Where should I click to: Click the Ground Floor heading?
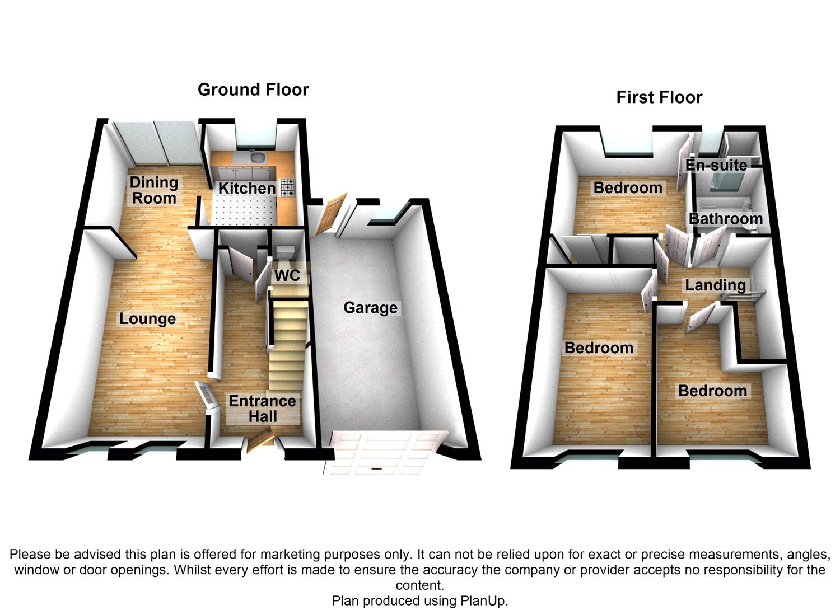pyautogui.click(x=253, y=90)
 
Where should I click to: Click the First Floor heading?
pyautogui.click(x=659, y=97)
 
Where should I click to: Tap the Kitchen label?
pyautogui.click(x=246, y=189)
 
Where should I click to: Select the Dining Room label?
pyautogui.click(x=154, y=190)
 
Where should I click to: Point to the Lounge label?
pyautogui.click(x=147, y=319)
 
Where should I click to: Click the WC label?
pyautogui.click(x=287, y=275)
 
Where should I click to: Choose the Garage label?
pyautogui.click(x=370, y=308)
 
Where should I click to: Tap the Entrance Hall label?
pyautogui.click(x=262, y=409)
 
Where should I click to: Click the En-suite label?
pyautogui.click(x=716, y=165)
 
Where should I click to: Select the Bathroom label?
pyautogui.click(x=725, y=219)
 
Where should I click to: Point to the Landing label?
pyautogui.click(x=715, y=285)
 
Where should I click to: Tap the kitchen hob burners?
pyautogui.click(x=287, y=187)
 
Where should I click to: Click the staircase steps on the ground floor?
pyautogui.click(x=288, y=347)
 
